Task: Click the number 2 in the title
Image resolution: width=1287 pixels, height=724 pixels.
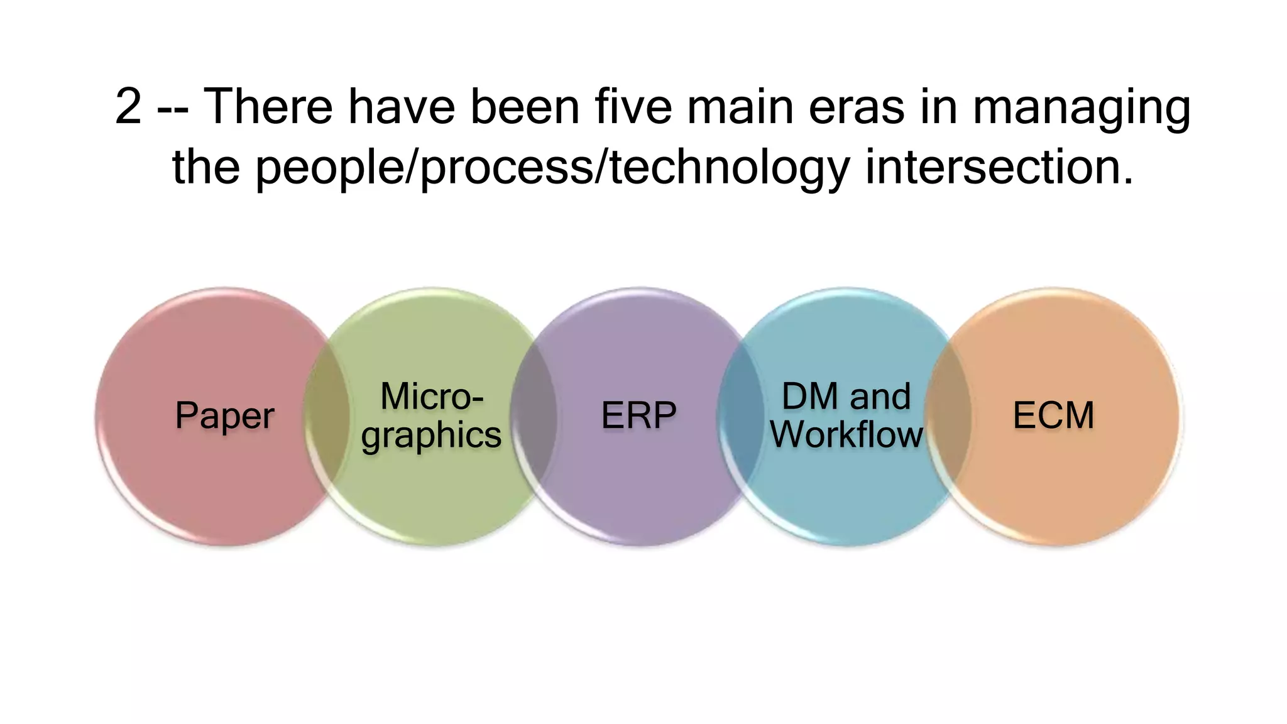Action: tap(129, 107)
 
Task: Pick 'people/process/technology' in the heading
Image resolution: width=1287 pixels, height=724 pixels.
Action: tap(552, 168)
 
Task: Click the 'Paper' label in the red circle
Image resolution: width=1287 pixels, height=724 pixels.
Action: tap(224, 416)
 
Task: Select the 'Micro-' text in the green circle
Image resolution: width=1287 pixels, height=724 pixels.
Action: tap(432, 397)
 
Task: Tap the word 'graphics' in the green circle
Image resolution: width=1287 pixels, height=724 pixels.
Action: tap(432, 435)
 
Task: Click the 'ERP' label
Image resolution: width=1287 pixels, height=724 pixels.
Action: tap(638, 416)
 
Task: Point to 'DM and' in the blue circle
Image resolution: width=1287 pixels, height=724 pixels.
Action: tap(846, 397)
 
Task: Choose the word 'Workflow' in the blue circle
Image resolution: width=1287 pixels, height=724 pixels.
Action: tap(846, 435)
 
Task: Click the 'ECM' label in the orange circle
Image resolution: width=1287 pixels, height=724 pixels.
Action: tap(1053, 416)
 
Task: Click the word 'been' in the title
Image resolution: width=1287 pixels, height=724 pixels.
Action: tap(525, 107)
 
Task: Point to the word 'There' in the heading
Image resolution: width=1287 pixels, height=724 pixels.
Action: tap(268, 107)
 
